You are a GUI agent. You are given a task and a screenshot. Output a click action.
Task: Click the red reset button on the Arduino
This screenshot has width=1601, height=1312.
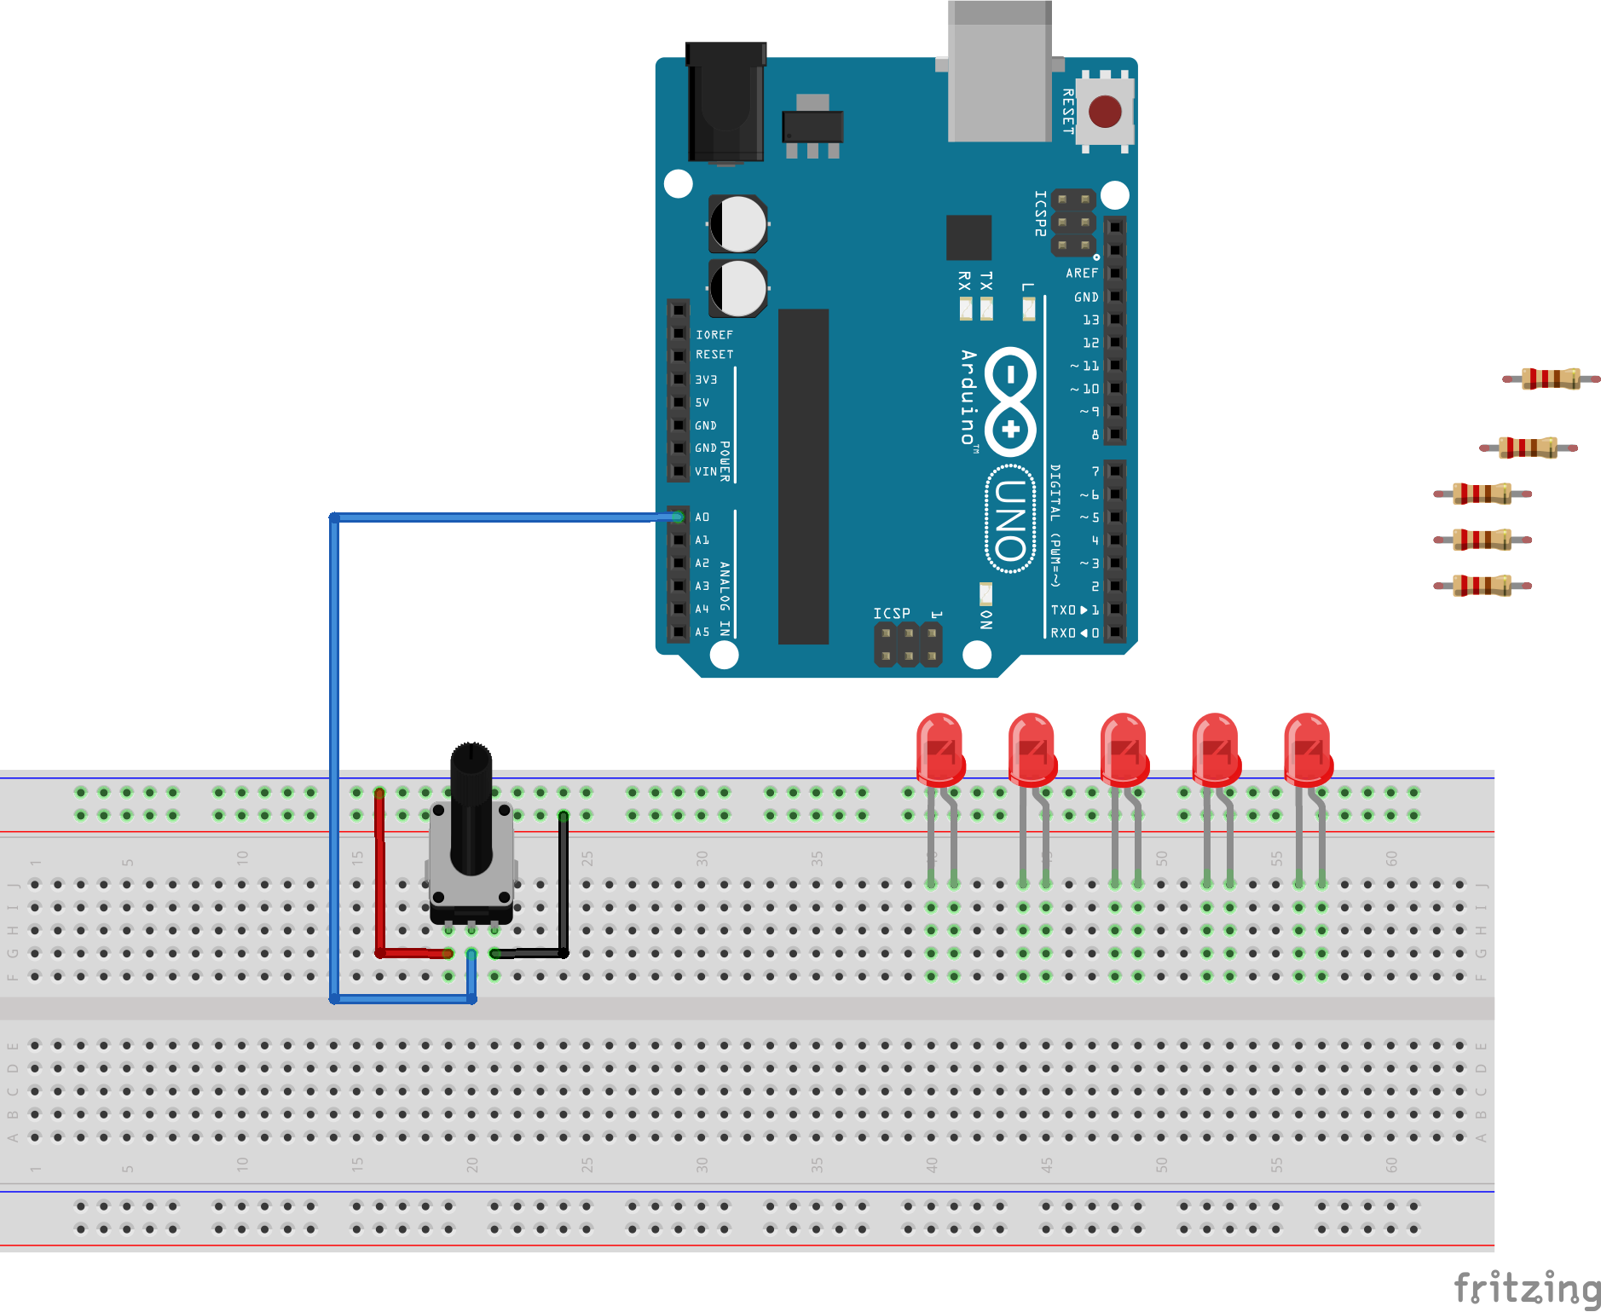point(1105,112)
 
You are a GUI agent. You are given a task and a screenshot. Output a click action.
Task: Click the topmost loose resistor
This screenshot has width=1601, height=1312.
point(1551,379)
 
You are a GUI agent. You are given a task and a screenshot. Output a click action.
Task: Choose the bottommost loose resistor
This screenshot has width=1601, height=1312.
point(1483,586)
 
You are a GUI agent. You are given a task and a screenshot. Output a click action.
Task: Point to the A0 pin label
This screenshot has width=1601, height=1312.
point(702,517)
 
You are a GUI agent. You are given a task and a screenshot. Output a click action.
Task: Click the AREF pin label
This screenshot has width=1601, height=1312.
point(1081,274)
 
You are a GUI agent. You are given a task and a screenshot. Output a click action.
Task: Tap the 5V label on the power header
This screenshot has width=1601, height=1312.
point(702,402)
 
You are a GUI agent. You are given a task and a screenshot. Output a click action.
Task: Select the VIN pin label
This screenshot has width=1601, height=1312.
point(705,471)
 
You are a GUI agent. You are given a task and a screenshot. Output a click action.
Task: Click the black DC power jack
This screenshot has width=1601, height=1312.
point(725,102)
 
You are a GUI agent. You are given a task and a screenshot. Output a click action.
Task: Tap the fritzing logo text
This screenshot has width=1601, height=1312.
point(1526,1288)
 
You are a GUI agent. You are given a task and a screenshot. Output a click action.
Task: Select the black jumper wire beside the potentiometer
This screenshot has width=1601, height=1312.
point(564,887)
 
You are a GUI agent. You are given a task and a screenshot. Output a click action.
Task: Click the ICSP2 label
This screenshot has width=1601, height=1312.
point(1040,213)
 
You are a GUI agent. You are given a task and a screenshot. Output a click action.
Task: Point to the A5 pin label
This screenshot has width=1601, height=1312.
point(702,633)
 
